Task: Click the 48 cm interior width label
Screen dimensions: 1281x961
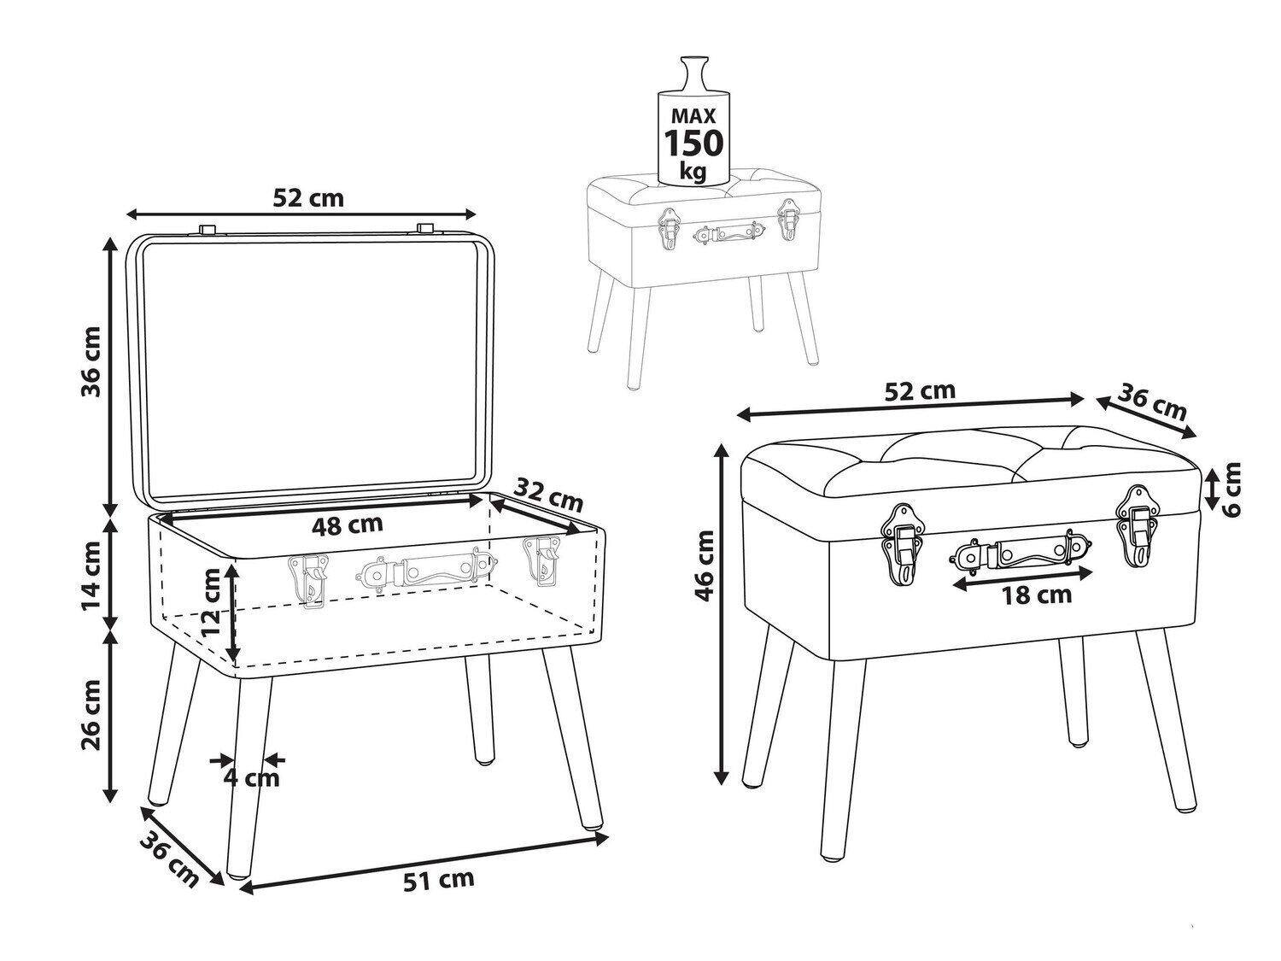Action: (348, 525)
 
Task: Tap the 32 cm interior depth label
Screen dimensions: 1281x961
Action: (548, 497)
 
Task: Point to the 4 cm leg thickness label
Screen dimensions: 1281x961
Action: (252, 777)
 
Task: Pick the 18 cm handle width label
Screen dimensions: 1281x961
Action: (1037, 595)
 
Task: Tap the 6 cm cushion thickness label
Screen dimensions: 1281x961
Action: (1231, 489)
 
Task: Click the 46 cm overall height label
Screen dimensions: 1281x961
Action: (705, 566)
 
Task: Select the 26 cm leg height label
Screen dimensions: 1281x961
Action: (91, 715)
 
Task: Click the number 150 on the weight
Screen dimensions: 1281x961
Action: (694, 143)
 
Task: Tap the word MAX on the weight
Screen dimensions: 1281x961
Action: (693, 115)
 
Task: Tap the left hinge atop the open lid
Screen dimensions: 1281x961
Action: (208, 229)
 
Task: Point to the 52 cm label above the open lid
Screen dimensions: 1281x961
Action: (308, 198)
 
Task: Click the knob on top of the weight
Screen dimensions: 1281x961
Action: (694, 73)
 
